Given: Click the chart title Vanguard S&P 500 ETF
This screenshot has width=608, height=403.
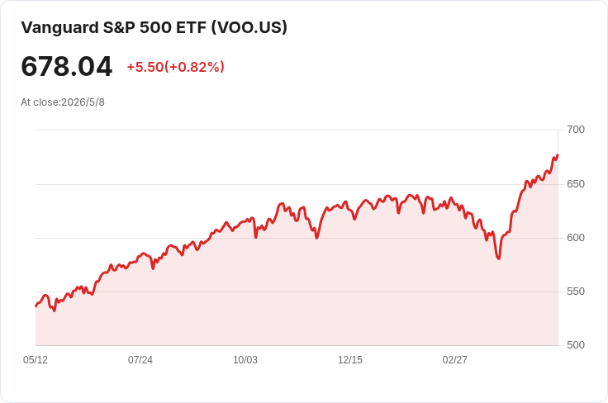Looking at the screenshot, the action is [114, 27].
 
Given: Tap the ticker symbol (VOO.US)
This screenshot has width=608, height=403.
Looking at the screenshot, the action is [249, 27].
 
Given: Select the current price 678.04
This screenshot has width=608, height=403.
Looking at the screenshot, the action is [67, 66].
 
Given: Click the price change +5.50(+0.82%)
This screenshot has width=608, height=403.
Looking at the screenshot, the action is [176, 67].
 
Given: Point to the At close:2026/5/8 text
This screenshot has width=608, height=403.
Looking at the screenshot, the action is [63, 102].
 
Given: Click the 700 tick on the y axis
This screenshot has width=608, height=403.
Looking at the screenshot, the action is [576, 130].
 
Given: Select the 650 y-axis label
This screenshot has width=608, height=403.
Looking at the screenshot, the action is [576, 183].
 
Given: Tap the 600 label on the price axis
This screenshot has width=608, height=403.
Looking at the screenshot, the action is [576, 238].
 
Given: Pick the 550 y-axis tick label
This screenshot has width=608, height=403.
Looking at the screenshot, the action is [576, 292].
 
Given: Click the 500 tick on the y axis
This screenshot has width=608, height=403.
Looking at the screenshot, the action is [576, 345].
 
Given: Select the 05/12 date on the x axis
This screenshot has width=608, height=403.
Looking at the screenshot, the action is [36, 360].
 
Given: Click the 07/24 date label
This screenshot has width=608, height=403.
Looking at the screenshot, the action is [140, 360].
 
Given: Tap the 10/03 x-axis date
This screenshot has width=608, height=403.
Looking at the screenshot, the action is [245, 360].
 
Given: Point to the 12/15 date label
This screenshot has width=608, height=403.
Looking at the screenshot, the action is [350, 360].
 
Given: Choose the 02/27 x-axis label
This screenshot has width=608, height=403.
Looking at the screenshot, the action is [455, 360].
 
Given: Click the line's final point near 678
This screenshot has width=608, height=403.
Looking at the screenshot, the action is [558, 155].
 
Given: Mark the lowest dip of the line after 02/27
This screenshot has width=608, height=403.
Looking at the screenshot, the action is [499, 258].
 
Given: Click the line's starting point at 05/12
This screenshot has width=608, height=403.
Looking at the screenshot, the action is [36, 306].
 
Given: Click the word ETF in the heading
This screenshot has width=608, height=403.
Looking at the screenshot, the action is [191, 27].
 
